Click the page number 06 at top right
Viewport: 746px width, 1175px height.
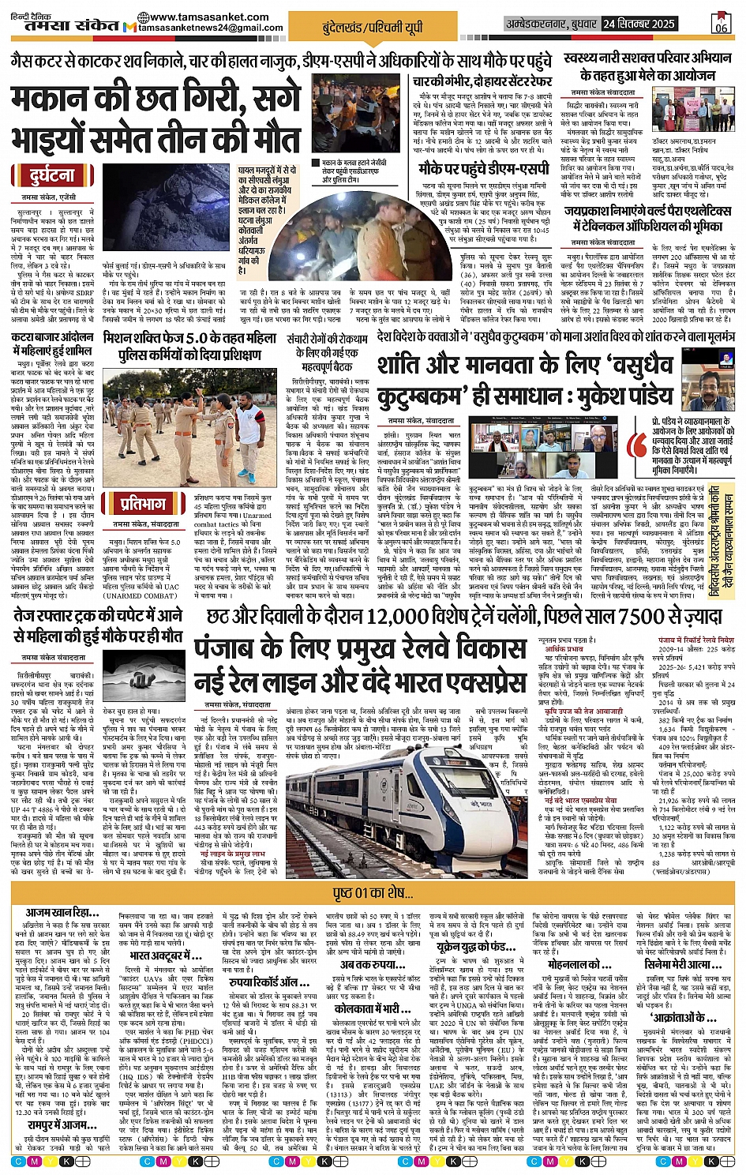[x=720, y=24]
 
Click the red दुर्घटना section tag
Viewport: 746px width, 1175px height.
[x=53, y=176]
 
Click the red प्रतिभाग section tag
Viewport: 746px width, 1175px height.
[x=144, y=503]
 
